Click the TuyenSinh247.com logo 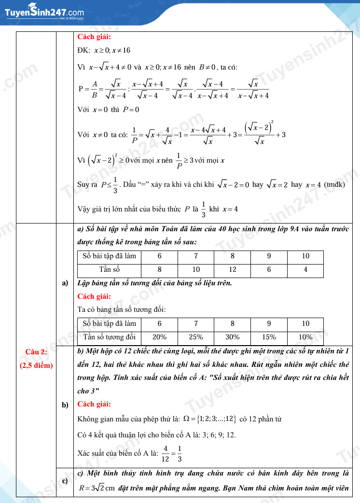click(x=44, y=12)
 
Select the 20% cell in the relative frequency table click(x=159, y=337)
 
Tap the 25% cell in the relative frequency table click(x=196, y=337)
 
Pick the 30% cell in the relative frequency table click(x=233, y=337)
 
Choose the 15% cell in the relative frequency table click(x=269, y=337)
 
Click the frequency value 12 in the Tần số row click(x=233, y=270)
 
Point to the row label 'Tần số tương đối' click(x=110, y=337)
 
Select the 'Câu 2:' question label click(x=36, y=351)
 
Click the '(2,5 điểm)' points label click(x=36, y=365)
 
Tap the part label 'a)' click(x=65, y=283)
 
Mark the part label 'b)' click(x=65, y=405)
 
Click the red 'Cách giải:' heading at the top click(x=94, y=37)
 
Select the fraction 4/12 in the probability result click(x=165, y=453)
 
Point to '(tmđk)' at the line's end click(x=334, y=184)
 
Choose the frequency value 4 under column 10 click(x=305, y=270)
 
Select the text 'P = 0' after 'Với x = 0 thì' click(x=131, y=110)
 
